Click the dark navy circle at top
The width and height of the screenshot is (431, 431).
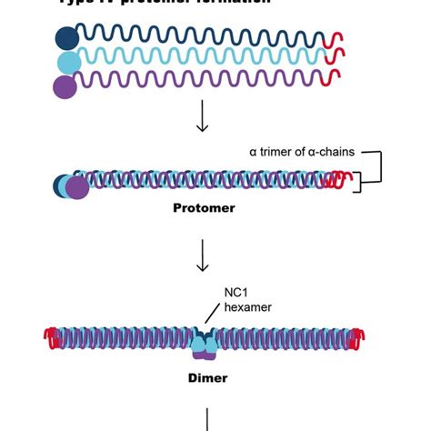click(66, 38)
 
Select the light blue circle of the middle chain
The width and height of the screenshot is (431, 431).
click(69, 62)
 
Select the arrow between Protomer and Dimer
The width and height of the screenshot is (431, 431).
click(203, 256)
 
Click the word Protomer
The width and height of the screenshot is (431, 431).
click(204, 208)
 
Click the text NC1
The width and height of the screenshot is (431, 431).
click(236, 294)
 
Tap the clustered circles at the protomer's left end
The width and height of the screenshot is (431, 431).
click(70, 185)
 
